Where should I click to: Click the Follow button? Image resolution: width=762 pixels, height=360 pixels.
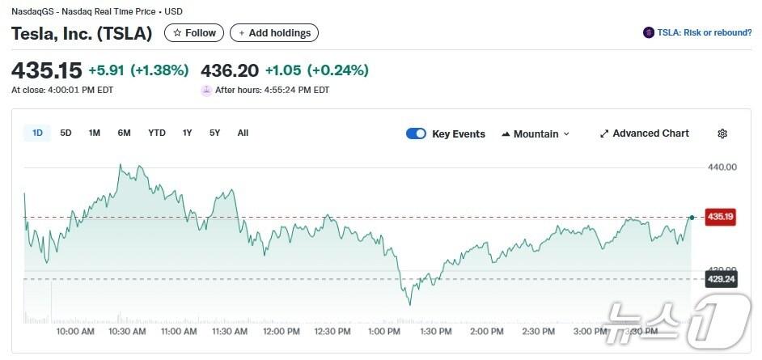194,33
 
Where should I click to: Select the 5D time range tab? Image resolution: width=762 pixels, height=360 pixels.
66,133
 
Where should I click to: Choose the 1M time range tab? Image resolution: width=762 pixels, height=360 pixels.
95,133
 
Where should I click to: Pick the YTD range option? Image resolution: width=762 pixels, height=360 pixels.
157,133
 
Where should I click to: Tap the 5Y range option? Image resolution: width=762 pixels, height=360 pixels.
214,133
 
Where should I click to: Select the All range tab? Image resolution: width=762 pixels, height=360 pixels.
243,133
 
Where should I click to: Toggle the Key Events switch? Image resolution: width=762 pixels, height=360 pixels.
416,133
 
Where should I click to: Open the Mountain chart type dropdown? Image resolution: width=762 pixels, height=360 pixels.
536,133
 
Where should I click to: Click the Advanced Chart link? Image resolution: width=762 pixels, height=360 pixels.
644,133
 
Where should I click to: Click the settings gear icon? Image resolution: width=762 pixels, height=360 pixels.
722,133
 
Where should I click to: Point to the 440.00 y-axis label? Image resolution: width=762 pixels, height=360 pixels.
722,167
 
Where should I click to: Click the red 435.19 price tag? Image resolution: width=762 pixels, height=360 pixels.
720,217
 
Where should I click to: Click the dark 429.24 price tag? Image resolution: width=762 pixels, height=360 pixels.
720,279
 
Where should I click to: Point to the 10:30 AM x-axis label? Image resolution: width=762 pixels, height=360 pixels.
127,332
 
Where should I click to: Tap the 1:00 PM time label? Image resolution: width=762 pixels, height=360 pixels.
383,332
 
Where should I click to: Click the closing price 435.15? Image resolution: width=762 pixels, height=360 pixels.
47,70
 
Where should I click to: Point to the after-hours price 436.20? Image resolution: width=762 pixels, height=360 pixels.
230,70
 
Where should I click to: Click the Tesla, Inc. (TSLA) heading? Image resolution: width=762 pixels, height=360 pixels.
82,33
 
